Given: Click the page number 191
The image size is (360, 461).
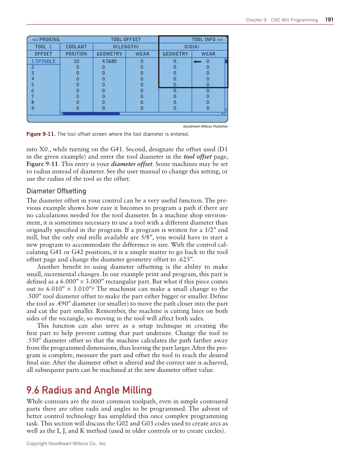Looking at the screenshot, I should (x=329, y=20).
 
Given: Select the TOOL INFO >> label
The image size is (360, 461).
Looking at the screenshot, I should (x=207, y=39).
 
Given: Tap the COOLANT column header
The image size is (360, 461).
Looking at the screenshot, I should (x=76, y=47).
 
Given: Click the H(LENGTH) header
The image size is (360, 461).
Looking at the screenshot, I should (x=126, y=47).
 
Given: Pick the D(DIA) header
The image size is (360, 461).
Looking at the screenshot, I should (x=192, y=47).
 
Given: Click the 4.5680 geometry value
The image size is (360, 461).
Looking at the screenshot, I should (x=109, y=61).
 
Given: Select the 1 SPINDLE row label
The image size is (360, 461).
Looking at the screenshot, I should (x=43, y=61).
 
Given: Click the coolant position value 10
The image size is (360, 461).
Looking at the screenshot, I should (x=76, y=61).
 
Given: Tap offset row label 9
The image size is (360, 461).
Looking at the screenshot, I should (x=33, y=108).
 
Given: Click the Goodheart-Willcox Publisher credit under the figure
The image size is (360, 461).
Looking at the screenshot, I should (x=205, y=126).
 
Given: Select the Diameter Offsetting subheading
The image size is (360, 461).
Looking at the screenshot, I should (x=56, y=191).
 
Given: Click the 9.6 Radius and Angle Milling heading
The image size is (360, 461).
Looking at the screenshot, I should (x=89, y=390).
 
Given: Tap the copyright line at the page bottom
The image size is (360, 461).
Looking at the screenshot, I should (x=67, y=443).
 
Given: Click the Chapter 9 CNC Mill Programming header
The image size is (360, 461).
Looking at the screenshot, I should (x=282, y=20).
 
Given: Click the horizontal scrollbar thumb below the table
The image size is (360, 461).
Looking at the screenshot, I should (x=91, y=114).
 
